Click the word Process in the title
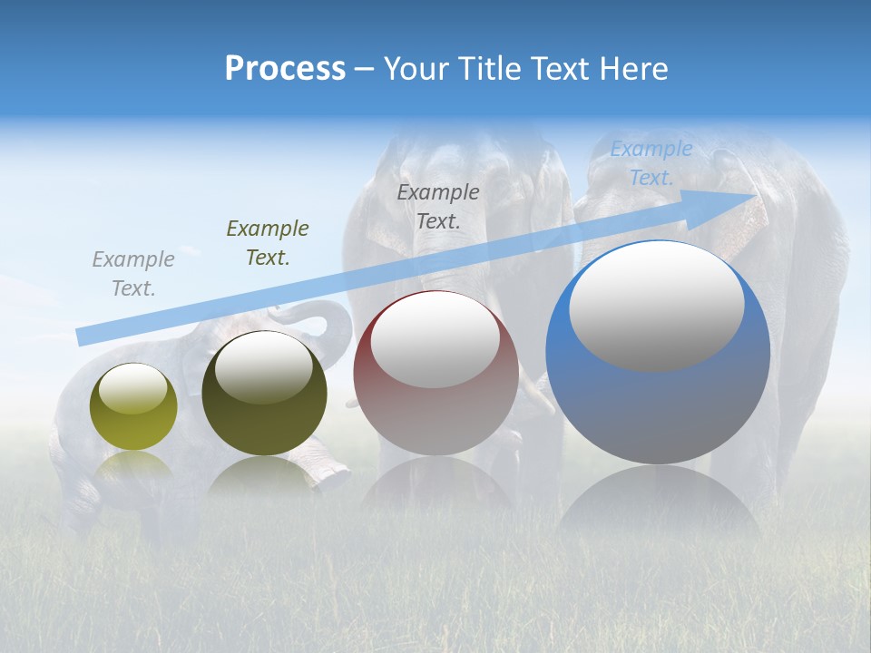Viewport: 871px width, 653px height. click(x=285, y=69)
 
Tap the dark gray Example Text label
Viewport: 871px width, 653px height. click(x=438, y=207)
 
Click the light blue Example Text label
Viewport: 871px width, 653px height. click(x=651, y=163)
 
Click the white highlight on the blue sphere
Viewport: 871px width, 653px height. click(x=656, y=307)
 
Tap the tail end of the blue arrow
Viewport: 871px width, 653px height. click(x=83, y=336)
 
